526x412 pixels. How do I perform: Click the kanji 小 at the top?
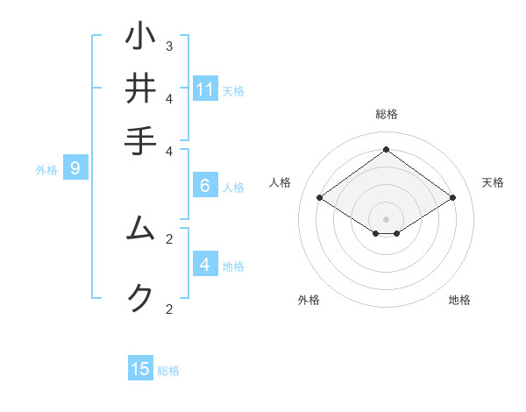pyautogui.click(x=140, y=37)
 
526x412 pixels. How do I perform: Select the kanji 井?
pyautogui.click(x=140, y=88)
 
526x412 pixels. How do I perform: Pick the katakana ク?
pyautogui.click(x=140, y=298)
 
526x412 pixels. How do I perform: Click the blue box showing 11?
pyautogui.click(x=205, y=89)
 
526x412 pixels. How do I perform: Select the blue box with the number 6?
pyautogui.click(x=205, y=186)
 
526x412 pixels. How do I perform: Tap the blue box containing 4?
pyautogui.click(x=205, y=265)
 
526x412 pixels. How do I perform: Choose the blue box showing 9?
pyautogui.click(x=75, y=169)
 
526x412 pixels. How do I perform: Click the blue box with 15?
pyautogui.click(x=140, y=369)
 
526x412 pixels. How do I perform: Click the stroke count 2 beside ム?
pyautogui.click(x=169, y=238)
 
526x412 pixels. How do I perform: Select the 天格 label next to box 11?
pyautogui.click(x=233, y=90)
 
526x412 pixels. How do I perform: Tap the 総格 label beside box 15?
pyautogui.click(x=168, y=371)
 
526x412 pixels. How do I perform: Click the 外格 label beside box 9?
pyautogui.click(x=46, y=170)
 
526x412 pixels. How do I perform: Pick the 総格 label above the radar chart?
pyautogui.click(x=386, y=114)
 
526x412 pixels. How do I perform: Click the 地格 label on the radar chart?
pyautogui.click(x=459, y=300)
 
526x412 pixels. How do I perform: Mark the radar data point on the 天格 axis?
pyautogui.click(x=452, y=198)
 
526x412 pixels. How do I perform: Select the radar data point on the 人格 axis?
pyautogui.click(x=319, y=198)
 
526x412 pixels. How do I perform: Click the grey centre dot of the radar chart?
pyautogui.click(x=386, y=218)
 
